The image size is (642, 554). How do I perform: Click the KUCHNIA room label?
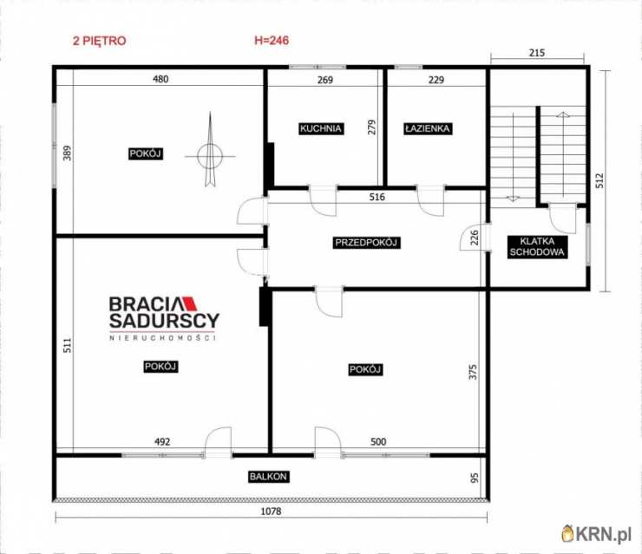click(x=321, y=128)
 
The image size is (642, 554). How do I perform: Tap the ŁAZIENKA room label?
click(x=428, y=128)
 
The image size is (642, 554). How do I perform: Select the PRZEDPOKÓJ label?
click(x=366, y=243)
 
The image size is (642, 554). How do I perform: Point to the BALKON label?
click(x=269, y=477)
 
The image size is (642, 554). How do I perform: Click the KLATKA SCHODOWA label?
click(x=537, y=247)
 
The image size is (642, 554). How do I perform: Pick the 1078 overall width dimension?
click(x=271, y=511)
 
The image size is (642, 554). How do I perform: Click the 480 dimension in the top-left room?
click(x=160, y=79)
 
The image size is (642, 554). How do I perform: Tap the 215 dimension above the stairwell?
click(x=537, y=53)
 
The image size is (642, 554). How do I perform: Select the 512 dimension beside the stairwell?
click(x=599, y=180)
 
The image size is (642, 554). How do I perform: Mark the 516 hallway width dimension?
click(x=377, y=197)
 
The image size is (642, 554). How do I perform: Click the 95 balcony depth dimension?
click(x=475, y=478)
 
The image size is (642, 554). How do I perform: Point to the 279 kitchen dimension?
click(x=371, y=127)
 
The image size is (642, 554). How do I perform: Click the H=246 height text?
click(x=272, y=40)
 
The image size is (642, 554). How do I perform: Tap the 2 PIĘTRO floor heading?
click(x=100, y=41)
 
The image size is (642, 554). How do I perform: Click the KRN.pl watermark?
click(x=596, y=533)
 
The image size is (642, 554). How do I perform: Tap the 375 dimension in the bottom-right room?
click(x=473, y=372)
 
